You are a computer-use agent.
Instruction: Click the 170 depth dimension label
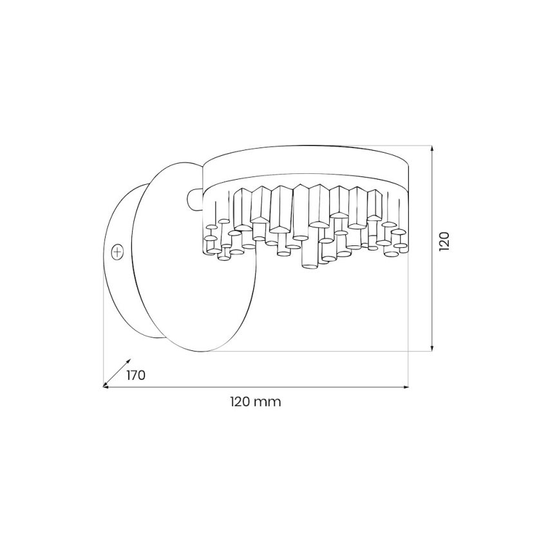coord(136,375)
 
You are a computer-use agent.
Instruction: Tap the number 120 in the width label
coord(240,402)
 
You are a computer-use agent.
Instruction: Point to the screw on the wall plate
coord(117,252)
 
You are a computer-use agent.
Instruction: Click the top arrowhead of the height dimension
coord(431,148)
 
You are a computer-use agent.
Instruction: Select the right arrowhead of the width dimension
coord(406,387)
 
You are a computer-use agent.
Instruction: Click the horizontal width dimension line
coord(258,387)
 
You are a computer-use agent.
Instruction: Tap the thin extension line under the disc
coord(322,352)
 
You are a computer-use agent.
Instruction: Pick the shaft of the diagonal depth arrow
coord(117,374)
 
